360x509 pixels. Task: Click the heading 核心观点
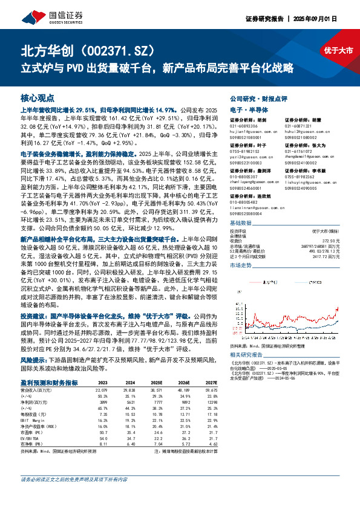[38, 98]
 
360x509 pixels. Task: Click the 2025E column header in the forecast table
[156, 383]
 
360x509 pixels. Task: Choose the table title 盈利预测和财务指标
[48, 383]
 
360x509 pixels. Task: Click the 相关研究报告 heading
[244, 354]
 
